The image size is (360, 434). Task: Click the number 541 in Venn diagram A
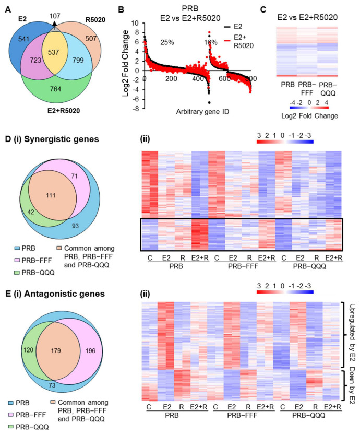[x=23, y=39]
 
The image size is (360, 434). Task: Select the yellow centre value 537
[x=53, y=52]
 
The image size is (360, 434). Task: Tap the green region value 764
[x=55, y=89]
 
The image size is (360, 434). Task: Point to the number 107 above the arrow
[x=55, y=16]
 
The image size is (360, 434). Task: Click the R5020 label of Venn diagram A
[x=95, y=20]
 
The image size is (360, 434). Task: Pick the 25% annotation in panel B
[x=167, y=42]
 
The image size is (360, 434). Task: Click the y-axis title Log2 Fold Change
[x=126, y=63]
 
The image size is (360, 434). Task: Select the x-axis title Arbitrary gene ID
[x=202, y=112]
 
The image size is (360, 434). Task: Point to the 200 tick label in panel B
[x=171, y=79]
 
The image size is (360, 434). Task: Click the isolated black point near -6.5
[x=209, y=103]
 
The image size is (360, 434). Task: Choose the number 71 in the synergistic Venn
[x=75, y=176]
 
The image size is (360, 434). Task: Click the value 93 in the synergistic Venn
[x=75, y=226]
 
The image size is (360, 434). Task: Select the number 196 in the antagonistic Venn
[x=90, y=350]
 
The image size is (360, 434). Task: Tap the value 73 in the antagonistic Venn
[x=52, y=385]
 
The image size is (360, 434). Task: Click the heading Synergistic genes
[x=62, y=139]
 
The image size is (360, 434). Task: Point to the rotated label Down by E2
[x=352, y=385]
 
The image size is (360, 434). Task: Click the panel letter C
[x=263, y=10]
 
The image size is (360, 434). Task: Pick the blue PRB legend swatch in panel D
[x=17, y=249]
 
